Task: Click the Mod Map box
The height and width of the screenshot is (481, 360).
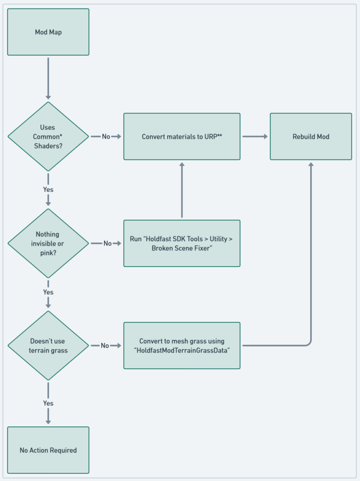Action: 48,32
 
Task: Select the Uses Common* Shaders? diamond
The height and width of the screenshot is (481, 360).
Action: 48,136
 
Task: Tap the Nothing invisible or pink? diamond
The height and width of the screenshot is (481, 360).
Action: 48,243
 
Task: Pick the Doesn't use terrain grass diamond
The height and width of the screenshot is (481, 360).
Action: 48,345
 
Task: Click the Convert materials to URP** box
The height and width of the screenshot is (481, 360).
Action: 182,136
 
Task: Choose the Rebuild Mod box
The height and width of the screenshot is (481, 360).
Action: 311,136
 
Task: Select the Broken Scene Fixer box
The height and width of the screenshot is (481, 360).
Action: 182,243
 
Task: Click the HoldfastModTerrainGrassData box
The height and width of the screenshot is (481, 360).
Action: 182,345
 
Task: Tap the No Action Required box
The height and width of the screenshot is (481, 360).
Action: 48,450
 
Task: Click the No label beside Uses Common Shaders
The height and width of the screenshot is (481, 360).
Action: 106,137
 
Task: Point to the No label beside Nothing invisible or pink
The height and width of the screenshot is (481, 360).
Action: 107,244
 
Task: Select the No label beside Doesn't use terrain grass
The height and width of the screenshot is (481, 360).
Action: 105,346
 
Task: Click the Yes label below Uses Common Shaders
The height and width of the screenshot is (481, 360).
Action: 48,190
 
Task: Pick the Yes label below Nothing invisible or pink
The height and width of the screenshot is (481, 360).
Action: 48,292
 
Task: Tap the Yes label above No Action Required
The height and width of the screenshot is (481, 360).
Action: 48,403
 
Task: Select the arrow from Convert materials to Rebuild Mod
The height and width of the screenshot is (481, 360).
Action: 255,137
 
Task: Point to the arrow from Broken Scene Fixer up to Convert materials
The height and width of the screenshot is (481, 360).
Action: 182,190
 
